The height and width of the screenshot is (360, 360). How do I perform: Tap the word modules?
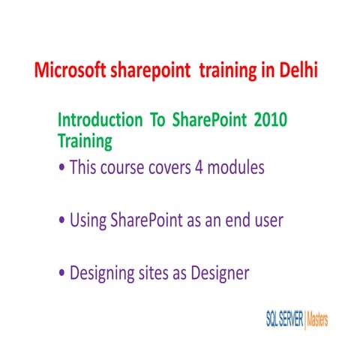[x=240, y=167]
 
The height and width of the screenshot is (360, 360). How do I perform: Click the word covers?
[x=175, y=167]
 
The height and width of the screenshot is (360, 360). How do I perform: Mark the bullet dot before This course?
[x=61, y=169]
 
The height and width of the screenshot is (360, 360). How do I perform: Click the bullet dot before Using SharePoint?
[x=61, y=222]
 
